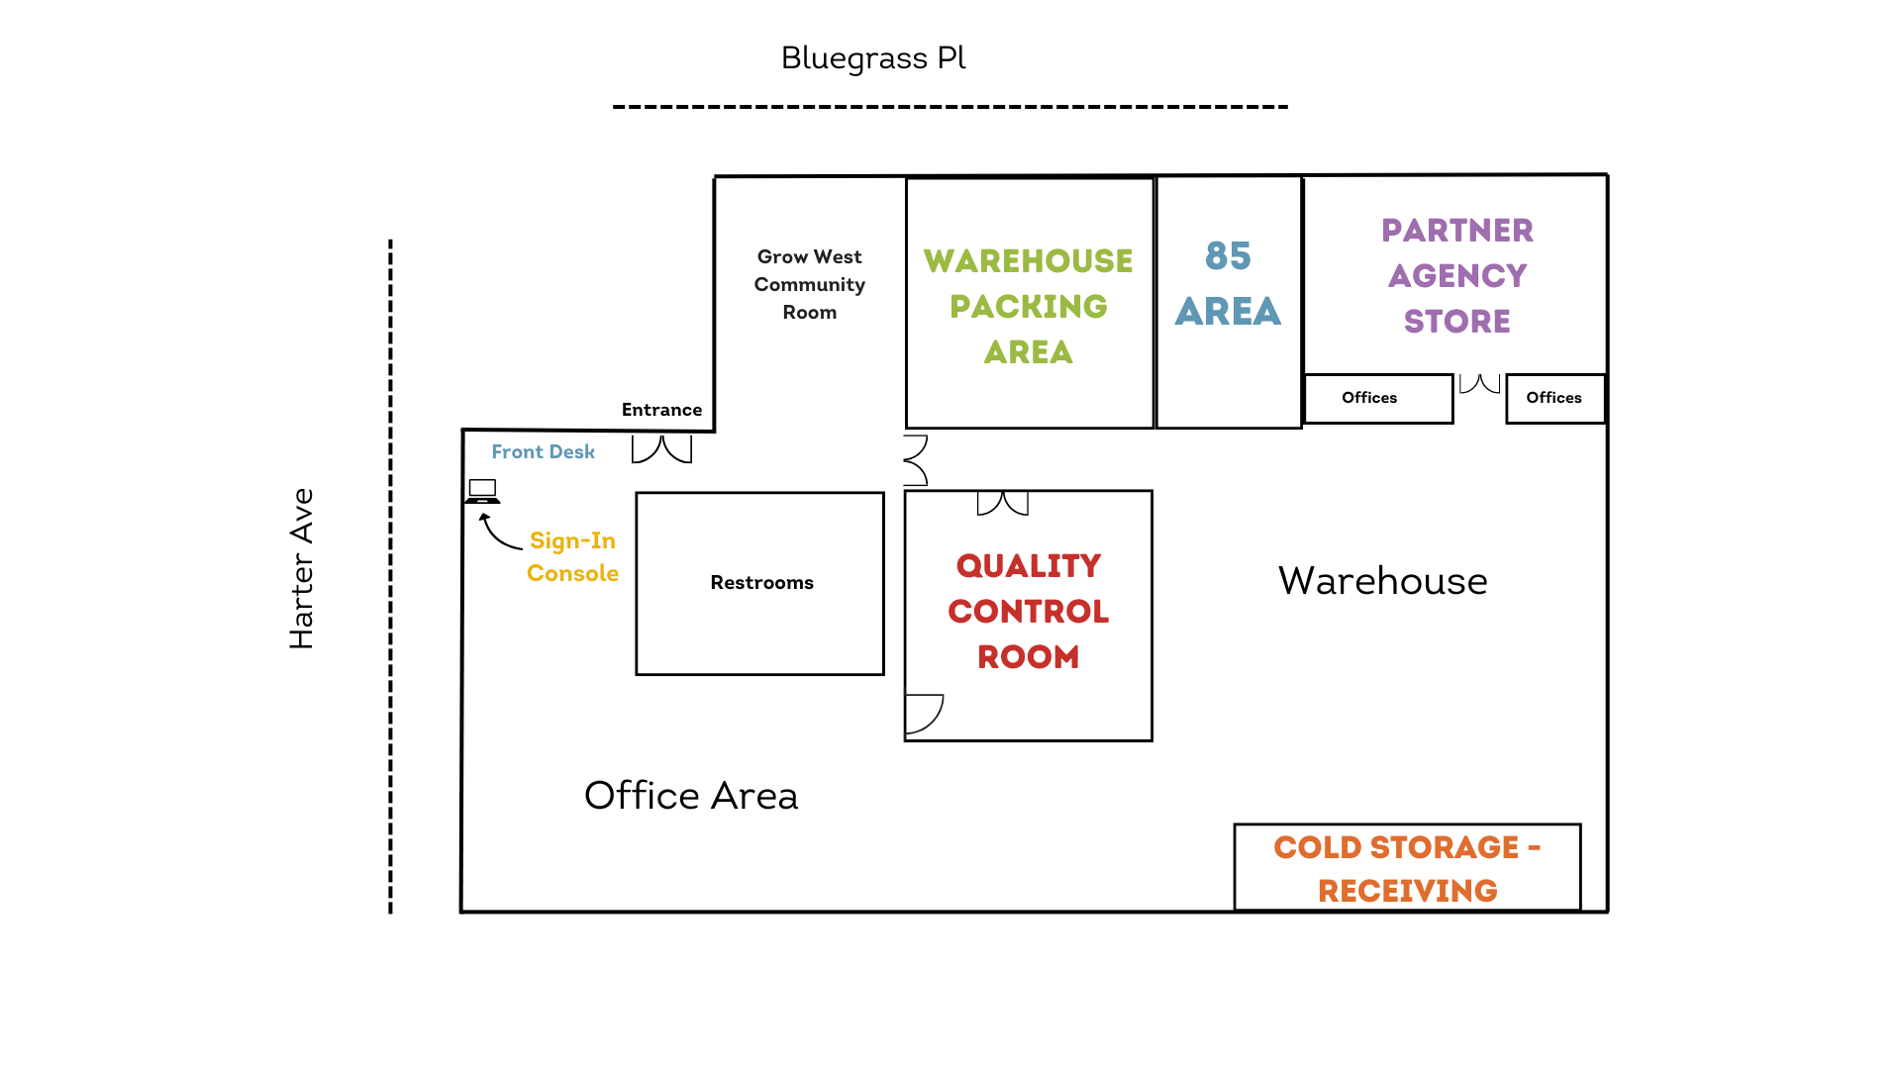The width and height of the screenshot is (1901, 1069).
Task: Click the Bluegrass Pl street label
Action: point(872,58)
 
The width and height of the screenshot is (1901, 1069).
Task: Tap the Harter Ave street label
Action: point(301,568)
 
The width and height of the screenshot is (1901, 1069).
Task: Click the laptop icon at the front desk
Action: point(482,491)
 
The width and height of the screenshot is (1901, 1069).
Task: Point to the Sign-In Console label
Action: point(572,556)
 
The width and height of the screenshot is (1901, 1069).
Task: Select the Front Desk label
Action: point(543,451)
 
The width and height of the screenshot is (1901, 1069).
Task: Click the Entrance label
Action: point(661,410)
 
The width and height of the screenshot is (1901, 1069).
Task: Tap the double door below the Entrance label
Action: point(661,449)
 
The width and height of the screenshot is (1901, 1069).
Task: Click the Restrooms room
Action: point(760,583)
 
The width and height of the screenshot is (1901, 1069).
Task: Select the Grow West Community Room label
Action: point(809,284)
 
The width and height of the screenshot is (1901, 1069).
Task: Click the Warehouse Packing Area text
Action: point(1029,306)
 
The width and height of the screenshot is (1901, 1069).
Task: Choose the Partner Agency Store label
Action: point(1456,275)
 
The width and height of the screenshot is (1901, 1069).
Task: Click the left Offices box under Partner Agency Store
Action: point(1377,398)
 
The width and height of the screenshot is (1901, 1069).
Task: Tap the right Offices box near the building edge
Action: point(1554,398)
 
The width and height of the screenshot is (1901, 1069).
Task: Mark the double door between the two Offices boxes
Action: point(1479,384)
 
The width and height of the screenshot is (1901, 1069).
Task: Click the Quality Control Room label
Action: point(1029,611)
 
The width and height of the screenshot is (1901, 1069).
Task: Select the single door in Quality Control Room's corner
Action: point(923,713)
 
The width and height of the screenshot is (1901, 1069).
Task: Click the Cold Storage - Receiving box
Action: point(1407,868)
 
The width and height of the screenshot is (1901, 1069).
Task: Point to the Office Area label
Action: point(691,796)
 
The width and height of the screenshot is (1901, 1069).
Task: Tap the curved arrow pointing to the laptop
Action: point(499,534)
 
